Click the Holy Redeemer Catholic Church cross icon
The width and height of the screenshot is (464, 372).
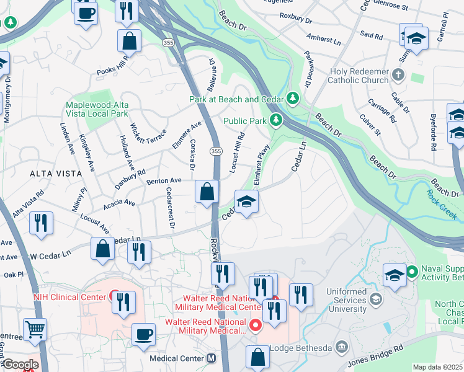(x=398, y=76)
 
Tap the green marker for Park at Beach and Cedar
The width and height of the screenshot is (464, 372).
(x=292, y=99)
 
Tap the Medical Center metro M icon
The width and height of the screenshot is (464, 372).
(x=212, y=358)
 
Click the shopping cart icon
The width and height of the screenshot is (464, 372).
(x=35, y=329)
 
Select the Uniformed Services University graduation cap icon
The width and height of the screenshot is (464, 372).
(x=375, y=300)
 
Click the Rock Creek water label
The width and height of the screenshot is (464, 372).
(x=441, y=203)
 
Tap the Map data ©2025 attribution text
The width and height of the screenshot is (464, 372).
(x=438, y=367)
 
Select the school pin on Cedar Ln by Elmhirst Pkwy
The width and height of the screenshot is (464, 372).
(x=246, y=201)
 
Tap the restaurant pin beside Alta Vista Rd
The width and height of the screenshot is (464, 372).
(x=41, y=223)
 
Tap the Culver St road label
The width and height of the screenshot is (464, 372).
(x=371, y=124)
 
